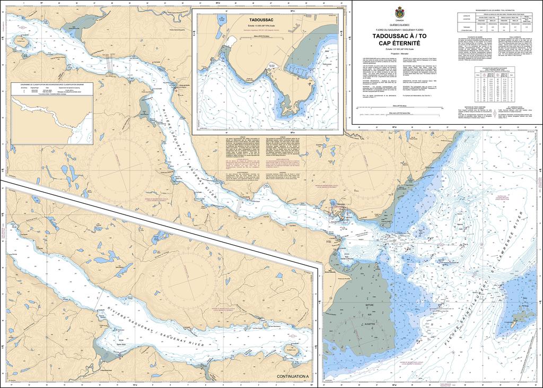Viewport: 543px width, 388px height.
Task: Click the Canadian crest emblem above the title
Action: tap(399, 14)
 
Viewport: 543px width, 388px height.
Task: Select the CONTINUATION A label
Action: tap(292, 376)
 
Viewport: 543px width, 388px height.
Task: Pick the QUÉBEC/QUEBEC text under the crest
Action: tap(399, 25)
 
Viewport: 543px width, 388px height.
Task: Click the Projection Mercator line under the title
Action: tap(399, 54)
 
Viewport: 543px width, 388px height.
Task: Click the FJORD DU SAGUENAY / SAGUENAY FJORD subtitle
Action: tap(399, 30)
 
